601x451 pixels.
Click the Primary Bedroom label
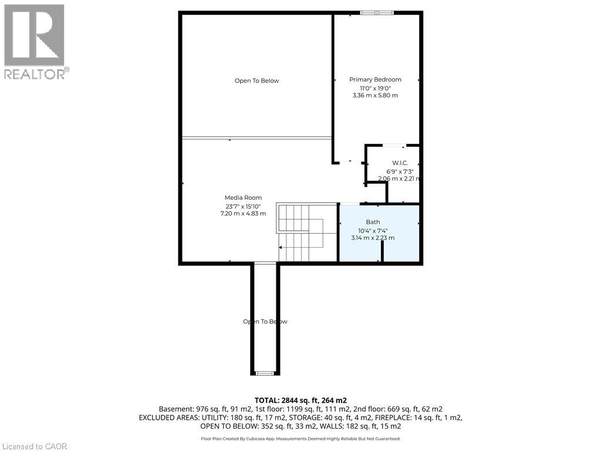(x=375, y=79)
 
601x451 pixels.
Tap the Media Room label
(x=243, y=198)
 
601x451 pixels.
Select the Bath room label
(x=373, y=222)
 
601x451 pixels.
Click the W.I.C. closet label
(x=400, y=163)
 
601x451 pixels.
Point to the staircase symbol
(x=300, y=233)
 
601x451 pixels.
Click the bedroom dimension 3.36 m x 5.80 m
(x=375, y=95)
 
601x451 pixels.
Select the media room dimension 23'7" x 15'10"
(x=243, y=206)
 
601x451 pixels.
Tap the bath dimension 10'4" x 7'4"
(x=373, y=230)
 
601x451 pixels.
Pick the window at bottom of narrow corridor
(x=265, y=373)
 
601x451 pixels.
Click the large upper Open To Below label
(x=256, y=81)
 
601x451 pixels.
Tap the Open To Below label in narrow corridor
(x=265, y=322)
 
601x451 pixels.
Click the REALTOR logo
(x=35, y=41)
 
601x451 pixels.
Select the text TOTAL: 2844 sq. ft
(x=288, y=400)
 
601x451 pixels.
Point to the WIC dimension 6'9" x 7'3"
(x=400, y=171)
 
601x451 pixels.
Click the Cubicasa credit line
(x=300, y=439)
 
